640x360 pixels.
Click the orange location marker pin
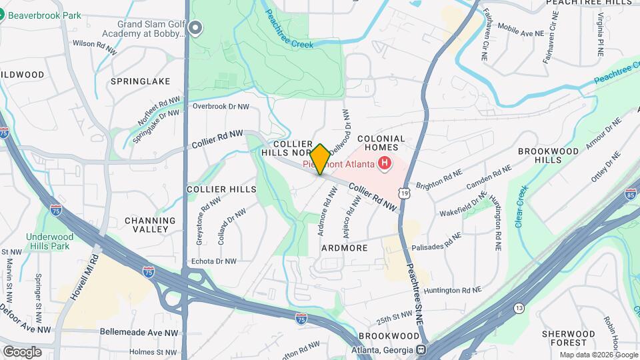tap(320, 159)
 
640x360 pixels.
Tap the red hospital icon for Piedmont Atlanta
tap(385, 163)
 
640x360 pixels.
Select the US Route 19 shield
tap(403, 193)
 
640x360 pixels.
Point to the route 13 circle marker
tap(518, 307)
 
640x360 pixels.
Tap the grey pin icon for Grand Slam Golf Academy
tap(195, 28)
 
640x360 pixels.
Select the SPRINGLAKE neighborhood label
tap(141, 81)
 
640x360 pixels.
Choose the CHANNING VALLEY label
tap(150, 225)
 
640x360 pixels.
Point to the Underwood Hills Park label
tap(48, 241)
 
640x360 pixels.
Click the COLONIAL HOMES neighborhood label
tap(381, 143)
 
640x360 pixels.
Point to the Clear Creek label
tap(521, 206)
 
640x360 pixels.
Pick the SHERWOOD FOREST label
tap(568, 339)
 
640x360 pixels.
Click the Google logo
tap(22, 352)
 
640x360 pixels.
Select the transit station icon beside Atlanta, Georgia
tap(421, 350)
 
